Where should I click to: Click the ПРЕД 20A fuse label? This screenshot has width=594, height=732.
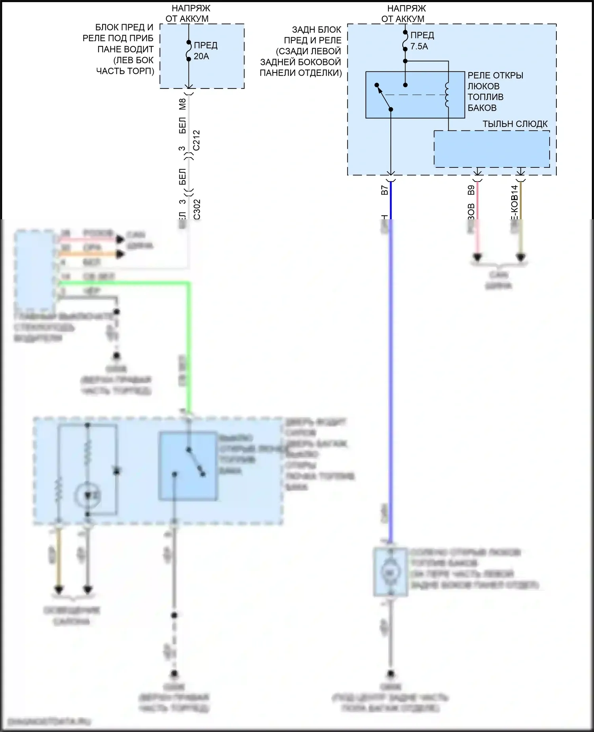206,51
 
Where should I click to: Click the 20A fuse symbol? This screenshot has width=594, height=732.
189,51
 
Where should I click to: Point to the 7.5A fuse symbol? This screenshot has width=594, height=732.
405,40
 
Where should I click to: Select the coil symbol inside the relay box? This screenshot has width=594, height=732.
447,95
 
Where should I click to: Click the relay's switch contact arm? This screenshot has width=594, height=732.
383,97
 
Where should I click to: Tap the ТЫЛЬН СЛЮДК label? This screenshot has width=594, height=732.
515,124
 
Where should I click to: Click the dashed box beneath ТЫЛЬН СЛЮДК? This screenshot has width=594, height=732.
491,149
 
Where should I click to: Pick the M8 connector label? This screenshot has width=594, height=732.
183,104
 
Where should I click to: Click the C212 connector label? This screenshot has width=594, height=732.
196,140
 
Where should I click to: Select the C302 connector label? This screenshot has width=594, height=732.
197,209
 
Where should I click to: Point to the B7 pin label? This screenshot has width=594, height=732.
384,190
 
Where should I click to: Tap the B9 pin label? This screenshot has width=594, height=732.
471,190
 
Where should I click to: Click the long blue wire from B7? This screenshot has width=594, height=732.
391,357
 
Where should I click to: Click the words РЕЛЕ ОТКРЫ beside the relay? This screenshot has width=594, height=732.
495,75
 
